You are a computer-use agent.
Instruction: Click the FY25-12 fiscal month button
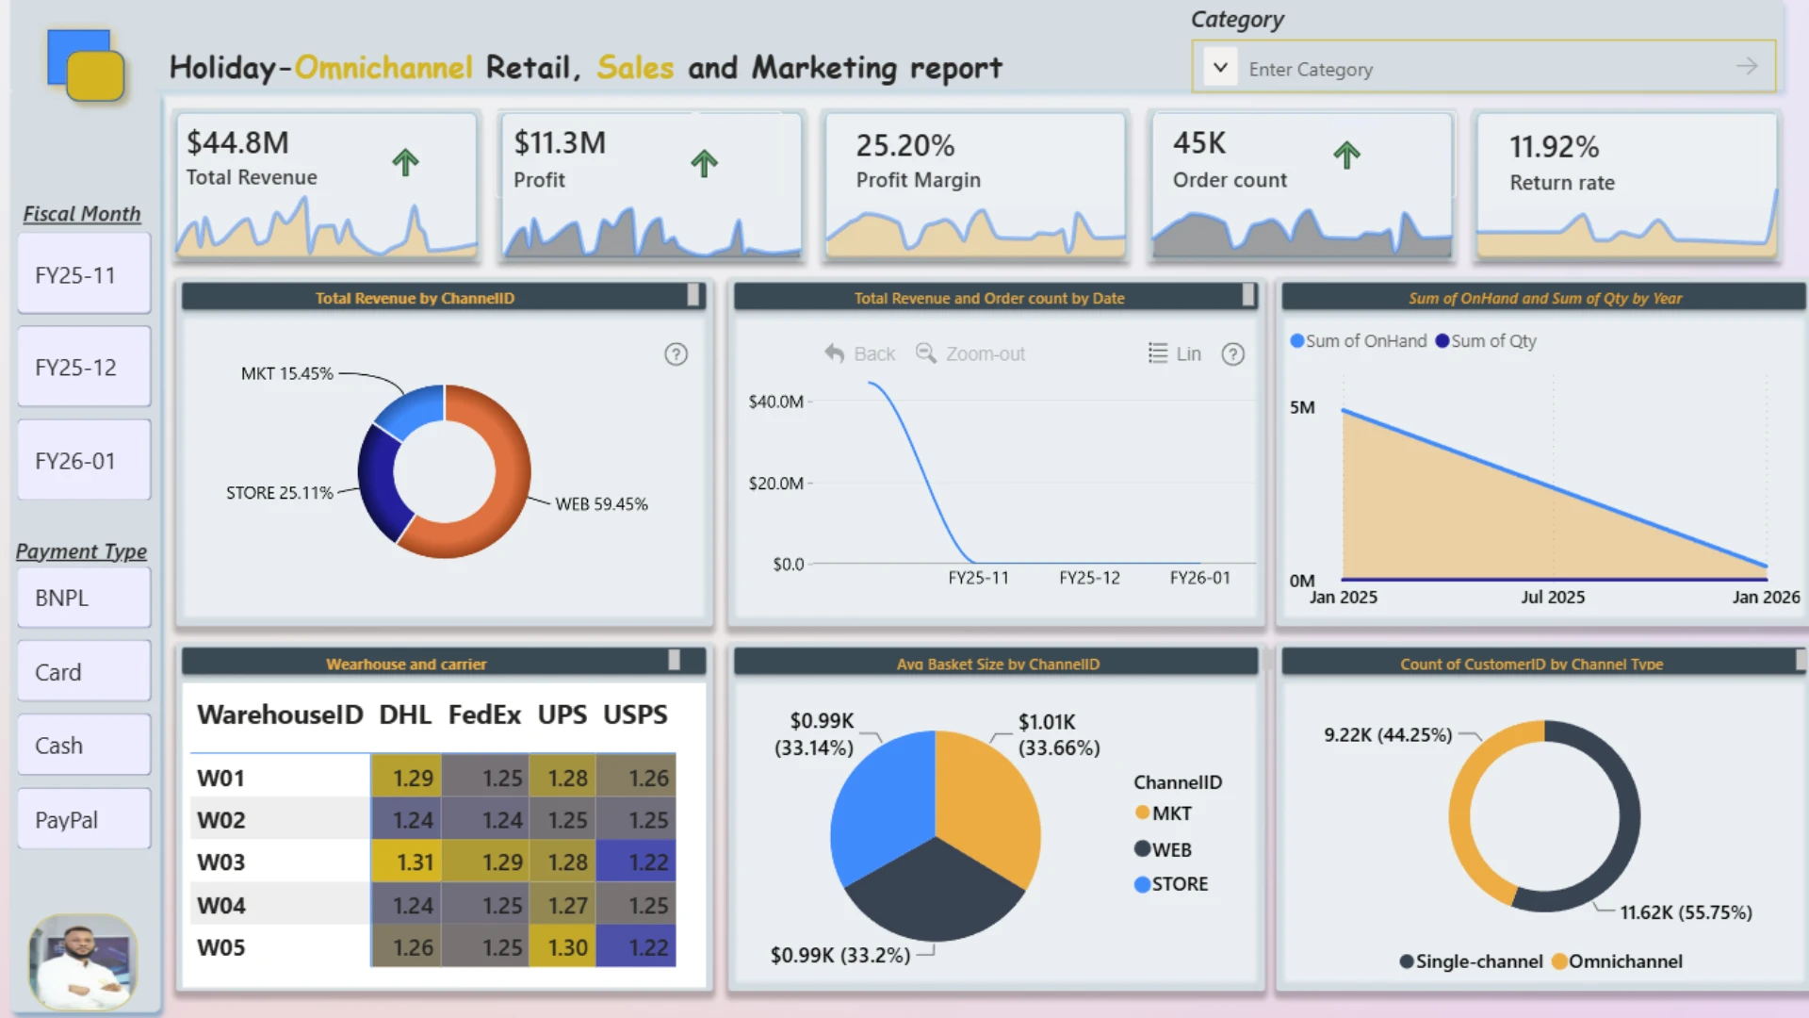click(x=84, y=367)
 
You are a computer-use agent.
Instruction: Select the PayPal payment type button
click(x=84, y=819)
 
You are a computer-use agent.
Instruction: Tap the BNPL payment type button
click(x=84, y=598)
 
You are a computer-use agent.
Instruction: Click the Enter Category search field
click(x=1483, y=68)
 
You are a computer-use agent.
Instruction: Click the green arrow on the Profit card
click(x=704, y=162)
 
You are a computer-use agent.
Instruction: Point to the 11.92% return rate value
click(x=1554, y=146)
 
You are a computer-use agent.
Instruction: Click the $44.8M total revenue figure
click(x=237, y=142)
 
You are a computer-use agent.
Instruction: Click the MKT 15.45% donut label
click(x=286, y=373)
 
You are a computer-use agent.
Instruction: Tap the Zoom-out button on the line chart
click(x=970, y=353)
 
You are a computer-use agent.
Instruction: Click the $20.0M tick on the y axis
click(x=775, y=483)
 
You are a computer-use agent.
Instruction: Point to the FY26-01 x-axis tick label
click(x=1199, y=578)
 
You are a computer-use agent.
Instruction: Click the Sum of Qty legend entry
click(x=1486, y=340)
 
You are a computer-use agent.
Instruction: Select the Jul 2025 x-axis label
click(x=1553, y=597)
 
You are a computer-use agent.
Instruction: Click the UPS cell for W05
click(x=562, y=947)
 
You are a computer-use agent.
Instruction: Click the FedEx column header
click(x=484, y=714)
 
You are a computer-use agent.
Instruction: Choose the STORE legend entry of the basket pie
click(x=1171, y=884)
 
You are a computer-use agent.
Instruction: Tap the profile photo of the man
click(x=83, y=961)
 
